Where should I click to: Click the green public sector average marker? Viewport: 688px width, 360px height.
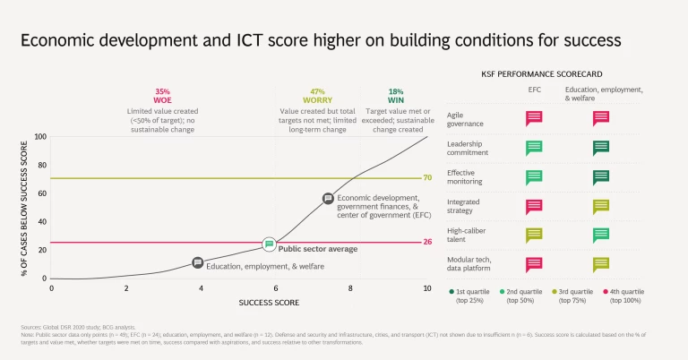(x=269, y=244)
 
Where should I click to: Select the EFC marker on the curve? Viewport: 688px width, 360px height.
(x=328, y=198)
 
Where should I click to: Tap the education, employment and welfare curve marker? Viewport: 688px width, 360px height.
(x=197, y=263)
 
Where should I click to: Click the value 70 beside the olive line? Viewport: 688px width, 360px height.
(x=427, y=178)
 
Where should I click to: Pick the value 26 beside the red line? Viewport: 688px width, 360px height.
(x=427, y=243)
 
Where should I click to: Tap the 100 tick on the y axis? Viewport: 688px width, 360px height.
(x=39, y=137)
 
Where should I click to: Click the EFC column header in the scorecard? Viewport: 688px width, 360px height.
(x=534, y=90)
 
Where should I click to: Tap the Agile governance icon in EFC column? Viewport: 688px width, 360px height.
(x=534, y=118)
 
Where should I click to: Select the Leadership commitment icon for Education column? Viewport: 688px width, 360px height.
(x=601, y=148)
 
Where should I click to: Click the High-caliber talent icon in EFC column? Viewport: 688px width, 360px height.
(x=534, y=236)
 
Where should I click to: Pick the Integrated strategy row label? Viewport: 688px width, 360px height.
(x=465, y=207)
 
